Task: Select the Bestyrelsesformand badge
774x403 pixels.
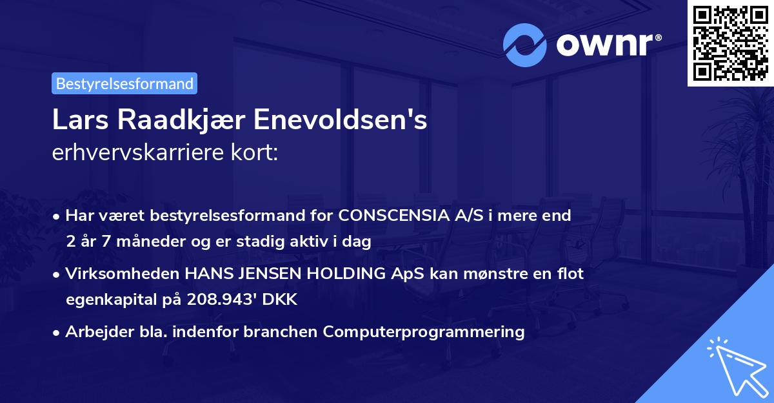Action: [x=124, y=83]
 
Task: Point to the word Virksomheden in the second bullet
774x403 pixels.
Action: [x=123, y=274]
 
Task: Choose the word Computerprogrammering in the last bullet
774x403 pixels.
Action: [x=424, y=332]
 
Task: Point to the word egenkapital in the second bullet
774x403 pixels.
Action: [x=110, y=300]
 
